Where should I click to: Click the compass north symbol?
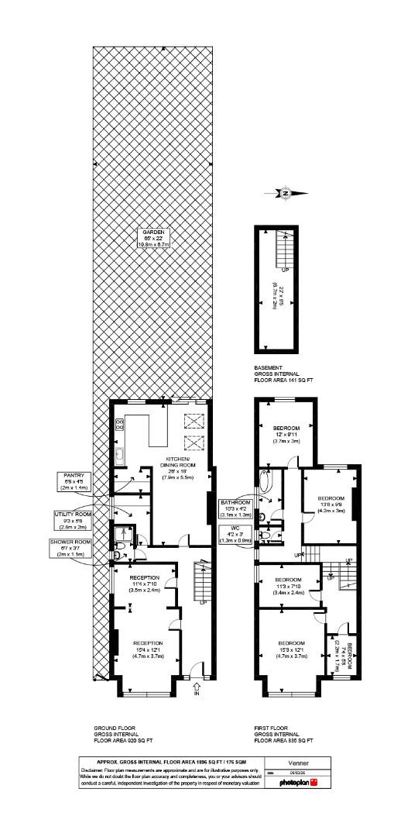(286, 193)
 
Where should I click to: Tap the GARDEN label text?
(152, 237)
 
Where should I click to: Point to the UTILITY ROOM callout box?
(73, 518)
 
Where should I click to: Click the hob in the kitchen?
(120, 425)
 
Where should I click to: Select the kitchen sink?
(120, 456)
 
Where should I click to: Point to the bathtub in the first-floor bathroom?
(266, 484)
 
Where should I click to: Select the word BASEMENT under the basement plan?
(269, 368)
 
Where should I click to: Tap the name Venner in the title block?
(298, 763)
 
